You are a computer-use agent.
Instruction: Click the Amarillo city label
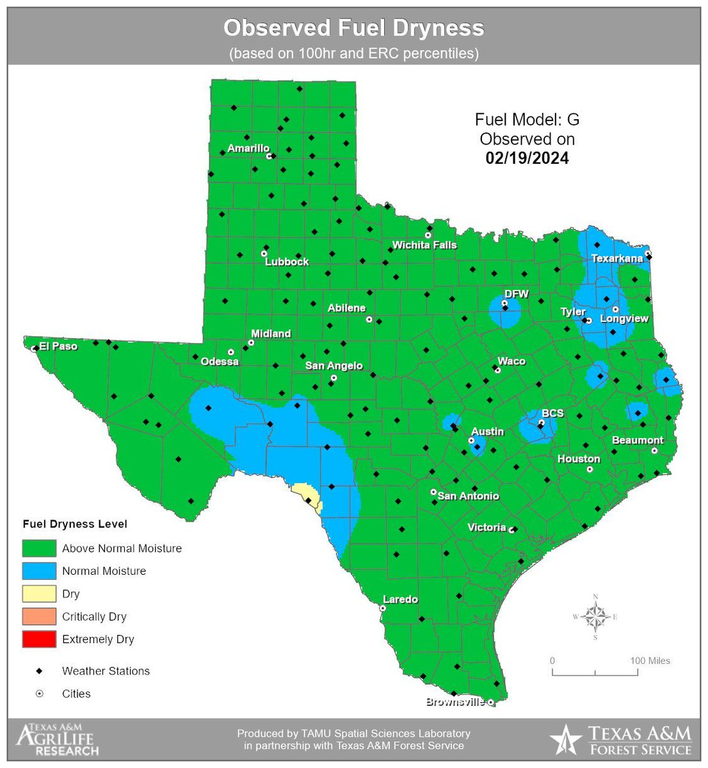pos(248,148)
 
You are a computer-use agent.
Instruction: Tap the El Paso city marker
pos(33,349)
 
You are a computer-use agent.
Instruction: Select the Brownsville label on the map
pos(455,701)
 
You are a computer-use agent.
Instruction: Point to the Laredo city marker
pos(383,609)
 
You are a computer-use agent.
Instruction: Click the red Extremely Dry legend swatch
pos(39,639)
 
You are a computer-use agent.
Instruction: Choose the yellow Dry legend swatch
pos(39,593)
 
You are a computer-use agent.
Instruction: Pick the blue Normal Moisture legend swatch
pos(39,570)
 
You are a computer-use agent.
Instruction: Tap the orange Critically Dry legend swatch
pos(39,616)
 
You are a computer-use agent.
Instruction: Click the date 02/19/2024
pos(527,158)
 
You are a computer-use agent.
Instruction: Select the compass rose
pos(595,617)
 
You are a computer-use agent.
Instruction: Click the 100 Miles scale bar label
pos(650,660)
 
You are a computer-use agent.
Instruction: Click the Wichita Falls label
pos(424,244)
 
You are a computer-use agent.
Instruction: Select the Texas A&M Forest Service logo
pos(621,740)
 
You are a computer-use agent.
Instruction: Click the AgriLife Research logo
pos(58,740)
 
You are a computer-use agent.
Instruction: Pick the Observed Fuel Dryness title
pos(353,28)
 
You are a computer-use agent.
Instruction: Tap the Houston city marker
pos(590,469)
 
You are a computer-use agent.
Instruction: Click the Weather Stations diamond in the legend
pos(39,671)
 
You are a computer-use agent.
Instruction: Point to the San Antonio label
pos(468,495)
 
